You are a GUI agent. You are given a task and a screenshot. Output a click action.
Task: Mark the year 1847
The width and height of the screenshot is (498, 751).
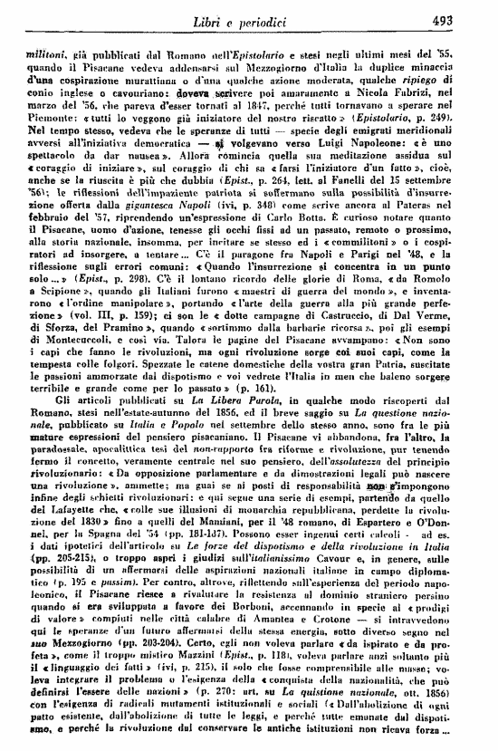[225, 130]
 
